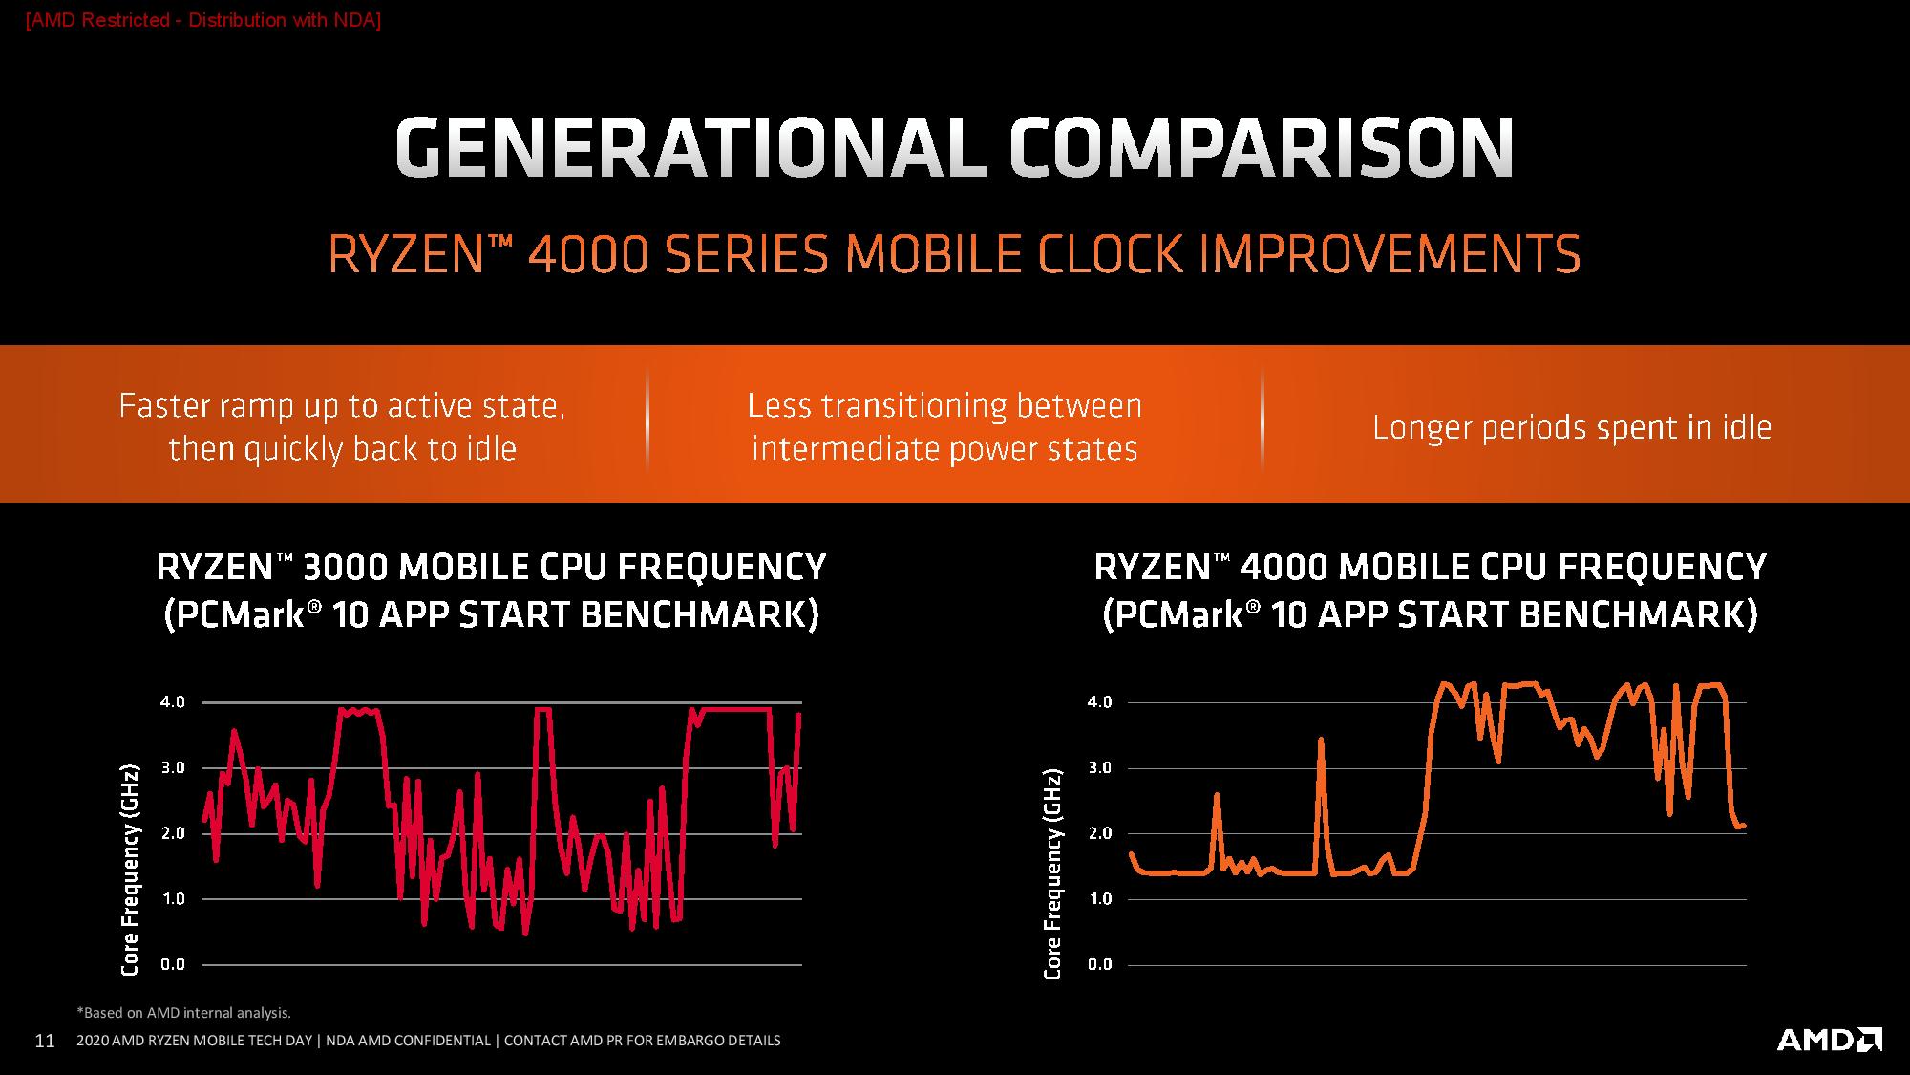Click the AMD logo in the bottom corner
coord(1829,1040)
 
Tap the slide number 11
coord(44,1041)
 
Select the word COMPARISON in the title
coord(1261,148)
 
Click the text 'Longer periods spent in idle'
coord(1572,427)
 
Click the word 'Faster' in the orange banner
coord(163,406)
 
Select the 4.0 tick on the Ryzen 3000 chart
coord(173,702)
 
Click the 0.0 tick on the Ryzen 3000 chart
coord(173,965)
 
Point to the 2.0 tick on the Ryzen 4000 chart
coord(1100,833)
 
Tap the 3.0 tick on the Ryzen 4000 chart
coord(1100,768)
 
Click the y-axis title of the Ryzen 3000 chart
coord(130,870)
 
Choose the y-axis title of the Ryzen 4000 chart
coord(1052,873)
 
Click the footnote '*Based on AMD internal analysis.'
coord(183,1013)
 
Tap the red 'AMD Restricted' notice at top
coord(202,20)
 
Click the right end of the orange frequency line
coord(1744,826)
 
